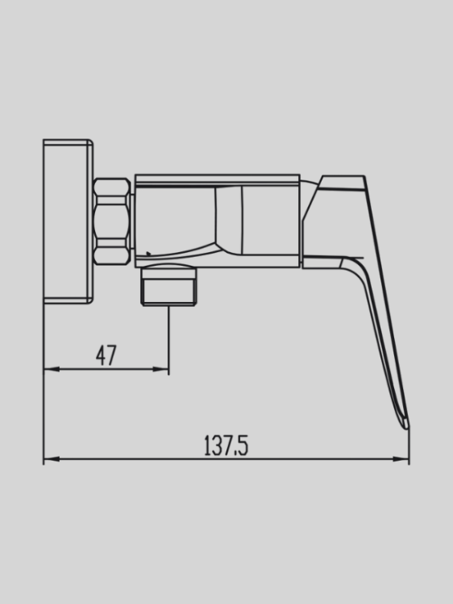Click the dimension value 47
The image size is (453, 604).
coord(106,355)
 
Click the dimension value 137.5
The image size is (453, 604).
coord(226,445)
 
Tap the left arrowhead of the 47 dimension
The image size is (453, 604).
coord(48,370)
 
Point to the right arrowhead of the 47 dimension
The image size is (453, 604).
coord(163,370)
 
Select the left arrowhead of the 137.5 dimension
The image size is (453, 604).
coord(48,459)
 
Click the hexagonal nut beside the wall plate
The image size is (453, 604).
coord(111,221)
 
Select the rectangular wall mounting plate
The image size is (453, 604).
coord(68,221)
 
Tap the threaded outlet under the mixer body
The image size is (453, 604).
coord(168,288)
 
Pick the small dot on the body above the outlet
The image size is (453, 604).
coord(148,256)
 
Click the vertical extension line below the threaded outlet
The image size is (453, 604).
coord(168,338)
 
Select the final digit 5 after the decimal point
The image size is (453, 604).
coord(243,445)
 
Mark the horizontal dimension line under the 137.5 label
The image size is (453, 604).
coord(226,459)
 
